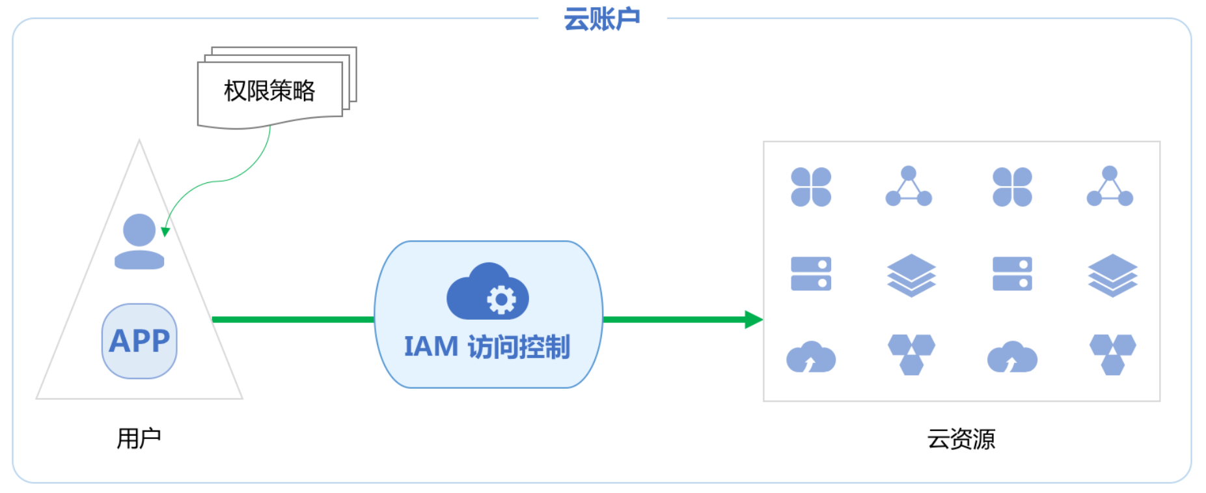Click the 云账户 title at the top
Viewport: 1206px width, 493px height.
601,19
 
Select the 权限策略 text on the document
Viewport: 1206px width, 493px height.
269,91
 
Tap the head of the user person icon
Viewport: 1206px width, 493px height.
139,230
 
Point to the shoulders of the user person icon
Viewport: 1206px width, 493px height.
139,260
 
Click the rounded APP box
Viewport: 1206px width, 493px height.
139,341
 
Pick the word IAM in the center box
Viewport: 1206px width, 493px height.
431,347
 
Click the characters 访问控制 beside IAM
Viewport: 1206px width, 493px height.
519,347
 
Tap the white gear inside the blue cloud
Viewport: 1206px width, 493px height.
501,300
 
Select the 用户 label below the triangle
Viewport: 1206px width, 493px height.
139,438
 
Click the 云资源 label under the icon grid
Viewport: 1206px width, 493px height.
961,439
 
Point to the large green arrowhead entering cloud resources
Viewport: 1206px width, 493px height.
754,319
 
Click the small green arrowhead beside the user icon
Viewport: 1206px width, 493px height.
165,232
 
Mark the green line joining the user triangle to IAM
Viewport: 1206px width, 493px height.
293,319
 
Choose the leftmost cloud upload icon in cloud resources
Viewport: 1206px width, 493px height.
811,357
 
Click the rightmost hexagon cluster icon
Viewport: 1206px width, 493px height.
1112,354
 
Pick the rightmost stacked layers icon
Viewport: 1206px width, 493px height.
1112,275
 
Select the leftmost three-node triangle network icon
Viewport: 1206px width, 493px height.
909,187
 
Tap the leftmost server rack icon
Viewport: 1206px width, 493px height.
811,274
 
